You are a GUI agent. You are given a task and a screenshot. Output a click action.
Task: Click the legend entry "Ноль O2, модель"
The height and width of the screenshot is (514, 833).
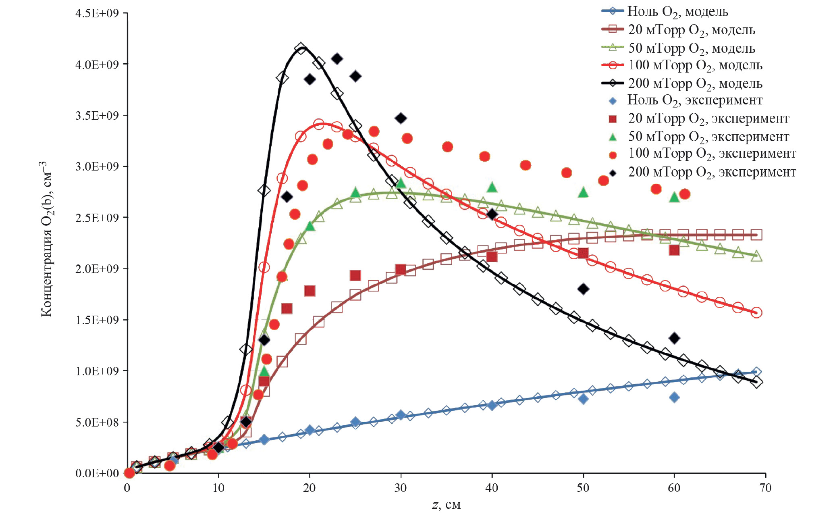tap(677, 11)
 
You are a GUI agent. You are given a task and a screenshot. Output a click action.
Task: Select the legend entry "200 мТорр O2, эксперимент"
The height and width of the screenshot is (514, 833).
tap(712, 172)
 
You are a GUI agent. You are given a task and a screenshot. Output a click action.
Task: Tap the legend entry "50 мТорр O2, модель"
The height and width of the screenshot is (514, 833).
tap(691, 48)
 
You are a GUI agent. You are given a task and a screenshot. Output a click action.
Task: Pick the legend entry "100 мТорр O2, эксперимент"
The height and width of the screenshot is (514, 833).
tap(712, 154)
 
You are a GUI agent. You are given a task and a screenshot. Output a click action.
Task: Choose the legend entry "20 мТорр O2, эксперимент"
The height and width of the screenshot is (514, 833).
tap(708, 119)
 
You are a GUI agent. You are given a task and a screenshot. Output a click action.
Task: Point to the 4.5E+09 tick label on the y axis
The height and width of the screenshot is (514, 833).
tap(97, 13)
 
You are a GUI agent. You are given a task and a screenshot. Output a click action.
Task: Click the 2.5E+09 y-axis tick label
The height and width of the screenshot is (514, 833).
tap(97, 218)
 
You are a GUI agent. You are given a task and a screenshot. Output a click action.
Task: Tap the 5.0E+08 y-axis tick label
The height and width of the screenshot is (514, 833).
tap(97, 422)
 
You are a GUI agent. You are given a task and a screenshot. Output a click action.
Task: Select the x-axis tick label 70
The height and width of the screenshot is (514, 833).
tap(765, 488)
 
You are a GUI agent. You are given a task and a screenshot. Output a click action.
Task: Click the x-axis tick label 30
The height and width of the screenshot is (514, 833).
tap(401, 488)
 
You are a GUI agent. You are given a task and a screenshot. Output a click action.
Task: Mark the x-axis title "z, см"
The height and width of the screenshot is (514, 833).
tap(446, 505)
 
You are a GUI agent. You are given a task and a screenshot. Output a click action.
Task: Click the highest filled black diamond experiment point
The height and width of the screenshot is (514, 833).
tap(337, 59)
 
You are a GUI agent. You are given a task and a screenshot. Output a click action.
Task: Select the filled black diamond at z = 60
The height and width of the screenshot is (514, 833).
tap(674, 338)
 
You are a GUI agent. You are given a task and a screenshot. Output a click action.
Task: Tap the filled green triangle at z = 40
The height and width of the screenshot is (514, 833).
tap(492, 187)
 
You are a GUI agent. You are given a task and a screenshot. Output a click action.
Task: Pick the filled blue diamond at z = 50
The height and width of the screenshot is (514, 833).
tap(583, 399)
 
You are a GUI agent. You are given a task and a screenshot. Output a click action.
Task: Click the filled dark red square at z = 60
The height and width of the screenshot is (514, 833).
tap(674, 250)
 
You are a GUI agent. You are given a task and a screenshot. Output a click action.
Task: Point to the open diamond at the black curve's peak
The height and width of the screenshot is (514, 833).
tap(301, 49)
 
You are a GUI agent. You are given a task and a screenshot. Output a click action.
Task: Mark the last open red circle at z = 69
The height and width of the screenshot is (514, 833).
tap(756, 312)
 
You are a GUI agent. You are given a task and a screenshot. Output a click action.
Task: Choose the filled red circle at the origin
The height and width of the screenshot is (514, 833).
tap(129, 473)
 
